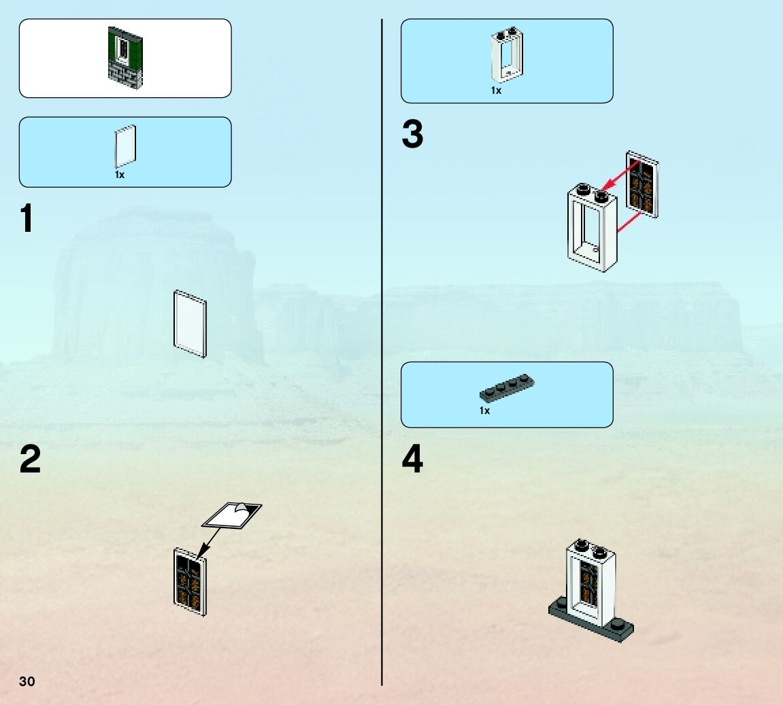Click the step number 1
pyautogui.click(x=27, y=219)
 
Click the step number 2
pyautogui.click(x=31, y=460)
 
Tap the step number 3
pyautogui.click(x=412, y=135)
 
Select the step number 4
pyautogui.click(x=412, y=460)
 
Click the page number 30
pyautogui.click(x=27, y=682)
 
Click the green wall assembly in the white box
pyautogui.click(x=125, y=56)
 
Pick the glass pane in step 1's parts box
pyautogui.click(x=124, y=146)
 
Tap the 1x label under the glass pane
pyautogui.click(x=120, y=175)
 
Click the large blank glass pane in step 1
pyautogui.click(x=190, y=324)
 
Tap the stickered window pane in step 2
pyautogui.click(x=190, y=582)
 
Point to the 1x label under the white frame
pyautogui.click(x=496, y=90)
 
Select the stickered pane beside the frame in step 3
pyautogui.click(x=642, y=184)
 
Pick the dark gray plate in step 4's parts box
pyautogui.click(x=507, y=388)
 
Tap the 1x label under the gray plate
pyautogui.click(x=484, y=411)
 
